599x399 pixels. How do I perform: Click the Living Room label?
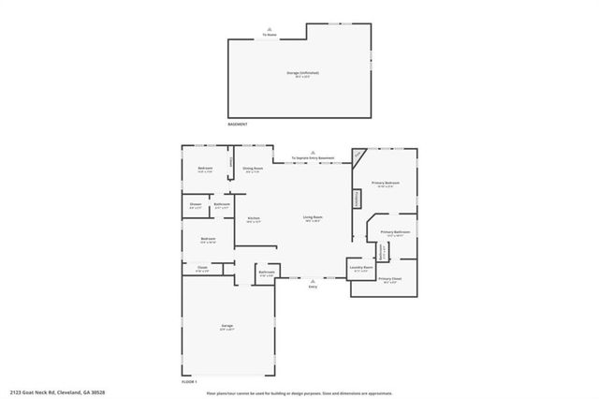(x=313, y=218)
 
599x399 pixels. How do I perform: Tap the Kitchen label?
(x=254, y=218)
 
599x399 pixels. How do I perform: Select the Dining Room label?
(x=253, y=169)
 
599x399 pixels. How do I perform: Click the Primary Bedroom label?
(x=386, y=183)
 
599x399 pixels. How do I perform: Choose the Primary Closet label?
(x=389, y=279)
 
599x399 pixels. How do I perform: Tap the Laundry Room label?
(x=361, y=268)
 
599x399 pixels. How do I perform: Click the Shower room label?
(x=196, y=204)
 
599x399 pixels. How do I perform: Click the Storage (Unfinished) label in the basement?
(x=296, y=73)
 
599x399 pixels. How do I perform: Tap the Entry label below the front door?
(x=313, y=286)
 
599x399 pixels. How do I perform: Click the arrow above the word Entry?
(x=313, y=279)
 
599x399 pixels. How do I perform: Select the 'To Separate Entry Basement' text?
(x=313, y=158)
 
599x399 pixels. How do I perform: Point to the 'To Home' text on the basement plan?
(x=270, y=35)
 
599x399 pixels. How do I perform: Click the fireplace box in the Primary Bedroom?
(x=357, y=199)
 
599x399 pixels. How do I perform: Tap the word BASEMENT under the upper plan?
(x=239, y=124)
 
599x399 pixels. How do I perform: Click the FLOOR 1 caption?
(x=190, y=382)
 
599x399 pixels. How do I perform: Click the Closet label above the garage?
(x=202, y=267)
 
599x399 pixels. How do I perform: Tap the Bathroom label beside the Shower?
(x=222, y=204)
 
